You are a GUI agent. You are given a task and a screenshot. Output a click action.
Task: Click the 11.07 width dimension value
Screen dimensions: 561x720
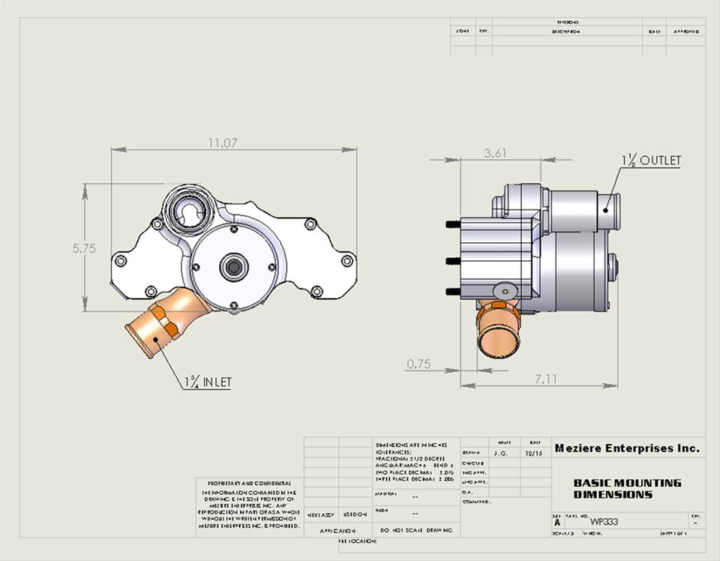coord(223,142)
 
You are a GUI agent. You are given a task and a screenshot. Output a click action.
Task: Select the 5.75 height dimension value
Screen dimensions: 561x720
coord(84,249)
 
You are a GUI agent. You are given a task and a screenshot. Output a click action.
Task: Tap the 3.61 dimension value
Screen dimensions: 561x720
coord(495,153)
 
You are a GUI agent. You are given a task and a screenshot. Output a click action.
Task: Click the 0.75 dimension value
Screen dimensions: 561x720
coord(418,364)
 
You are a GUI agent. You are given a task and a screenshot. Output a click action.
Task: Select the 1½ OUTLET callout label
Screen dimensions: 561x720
coord(650,160)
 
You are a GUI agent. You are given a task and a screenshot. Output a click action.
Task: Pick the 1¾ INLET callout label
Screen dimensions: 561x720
coord(208,382)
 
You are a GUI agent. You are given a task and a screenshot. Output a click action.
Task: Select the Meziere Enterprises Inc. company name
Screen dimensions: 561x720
coord(627,448)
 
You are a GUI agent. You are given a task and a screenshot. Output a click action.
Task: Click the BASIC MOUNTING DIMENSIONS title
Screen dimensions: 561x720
coord(627,489)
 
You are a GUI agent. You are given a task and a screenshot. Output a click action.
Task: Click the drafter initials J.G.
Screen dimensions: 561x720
coord(501,453)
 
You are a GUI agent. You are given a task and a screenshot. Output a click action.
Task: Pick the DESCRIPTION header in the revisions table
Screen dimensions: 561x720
coord(566,32)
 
